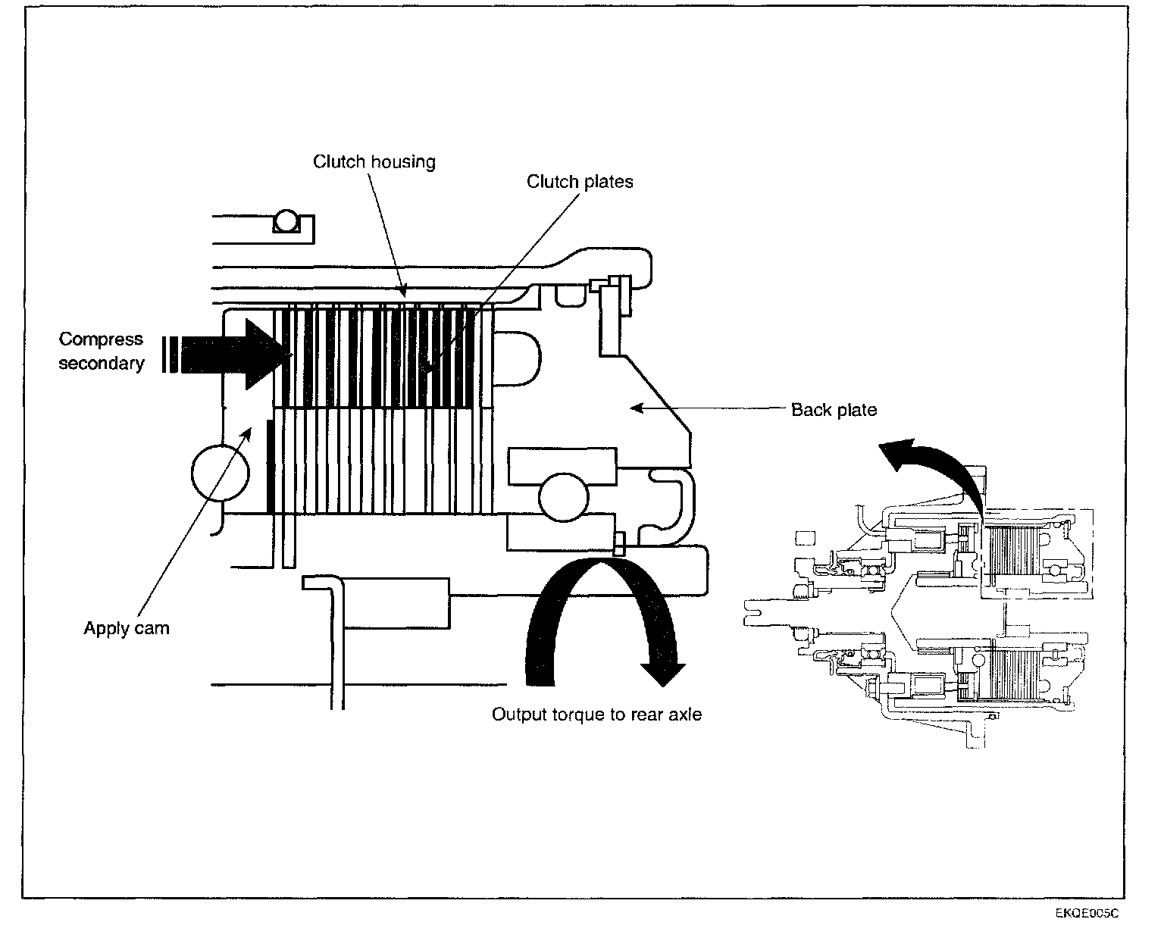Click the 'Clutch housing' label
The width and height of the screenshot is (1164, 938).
click(x=374, y=161)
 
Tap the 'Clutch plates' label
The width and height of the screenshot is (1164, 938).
click(x=580, y=182)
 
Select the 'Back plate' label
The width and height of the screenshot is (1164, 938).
click(x=834, y=410)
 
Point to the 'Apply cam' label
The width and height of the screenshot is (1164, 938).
click(x=127, y=628)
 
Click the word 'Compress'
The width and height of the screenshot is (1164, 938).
click(x=101, y=339)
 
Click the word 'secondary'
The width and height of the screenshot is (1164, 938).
click(x=101, y=364)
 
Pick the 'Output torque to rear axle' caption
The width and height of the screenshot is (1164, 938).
click(x=596, y=714)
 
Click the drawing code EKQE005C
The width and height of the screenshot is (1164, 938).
click(x=1087, y=913)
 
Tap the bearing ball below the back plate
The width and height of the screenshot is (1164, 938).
click(x=563, y=497)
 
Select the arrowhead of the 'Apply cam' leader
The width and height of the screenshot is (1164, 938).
click(x=249, y=431)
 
